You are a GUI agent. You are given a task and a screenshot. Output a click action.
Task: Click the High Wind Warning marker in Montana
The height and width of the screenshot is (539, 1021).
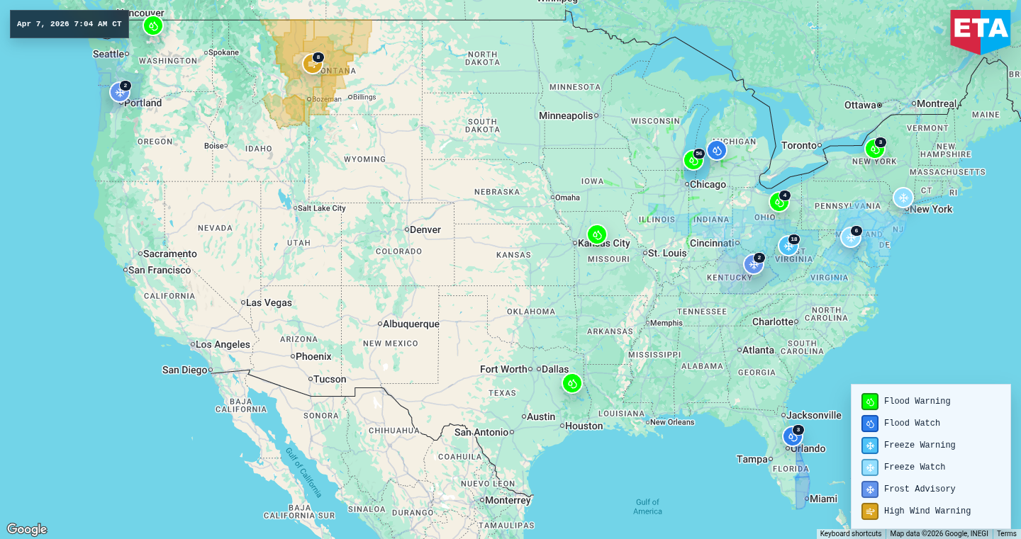[x=313, y=64]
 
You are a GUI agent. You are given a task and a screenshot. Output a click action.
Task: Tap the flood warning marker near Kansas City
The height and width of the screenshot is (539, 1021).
[x=597, y=234]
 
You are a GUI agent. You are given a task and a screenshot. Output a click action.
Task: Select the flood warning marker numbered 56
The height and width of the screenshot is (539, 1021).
[x=693, y=160]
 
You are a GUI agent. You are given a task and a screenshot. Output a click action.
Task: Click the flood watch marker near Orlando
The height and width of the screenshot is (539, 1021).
[x=792, y=436]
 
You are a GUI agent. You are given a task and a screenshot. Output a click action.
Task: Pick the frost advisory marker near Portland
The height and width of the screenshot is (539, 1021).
[x=120, y=92]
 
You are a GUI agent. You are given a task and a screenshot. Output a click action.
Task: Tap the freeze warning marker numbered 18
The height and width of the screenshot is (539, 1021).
[x=788, y=246]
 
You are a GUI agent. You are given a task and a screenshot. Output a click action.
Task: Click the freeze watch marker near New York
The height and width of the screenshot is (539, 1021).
[x=903, y=198]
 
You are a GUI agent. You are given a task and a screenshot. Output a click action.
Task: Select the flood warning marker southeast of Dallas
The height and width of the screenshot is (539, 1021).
[x=572, y=383]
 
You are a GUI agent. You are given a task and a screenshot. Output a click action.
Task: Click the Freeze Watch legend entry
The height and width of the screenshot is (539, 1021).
[x=914, y=467]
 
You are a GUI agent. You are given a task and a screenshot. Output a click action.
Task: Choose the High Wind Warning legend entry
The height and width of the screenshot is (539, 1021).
[x=927, y=511]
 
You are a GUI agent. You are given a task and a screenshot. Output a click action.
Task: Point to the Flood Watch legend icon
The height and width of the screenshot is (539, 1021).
[x=870, y=423]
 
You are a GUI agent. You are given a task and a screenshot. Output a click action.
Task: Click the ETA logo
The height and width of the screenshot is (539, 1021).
[x=981, y=30]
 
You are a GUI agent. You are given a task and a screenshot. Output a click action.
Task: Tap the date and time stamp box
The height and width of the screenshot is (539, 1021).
[x=69, y=24]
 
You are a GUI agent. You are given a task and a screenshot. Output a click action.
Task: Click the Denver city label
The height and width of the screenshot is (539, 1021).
[x=425, y=229]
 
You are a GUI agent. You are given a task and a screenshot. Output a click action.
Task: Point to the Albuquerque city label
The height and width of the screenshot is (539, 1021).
[x=411, y=324]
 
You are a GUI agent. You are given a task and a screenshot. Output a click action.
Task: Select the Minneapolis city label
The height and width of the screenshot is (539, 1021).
[x=565, y=115]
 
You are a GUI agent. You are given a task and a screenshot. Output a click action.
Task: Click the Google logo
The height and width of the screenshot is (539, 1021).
[x=27, y=529]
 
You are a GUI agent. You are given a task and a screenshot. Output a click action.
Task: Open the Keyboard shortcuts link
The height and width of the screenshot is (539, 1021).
[x=850, y=533]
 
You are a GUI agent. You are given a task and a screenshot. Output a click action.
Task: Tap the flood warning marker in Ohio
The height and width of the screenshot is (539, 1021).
[x=779, y=202]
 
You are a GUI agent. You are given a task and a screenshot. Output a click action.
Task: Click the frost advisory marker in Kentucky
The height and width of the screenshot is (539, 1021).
[x=753, y=264]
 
